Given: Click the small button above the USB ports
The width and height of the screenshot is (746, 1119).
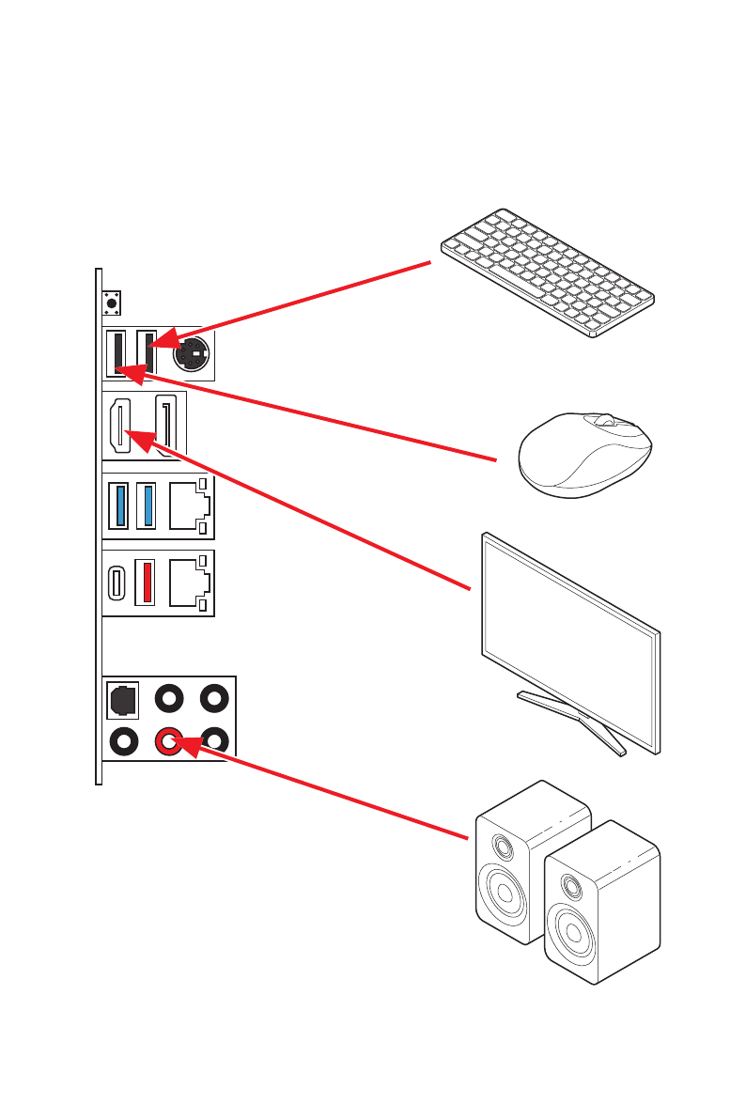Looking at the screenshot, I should [x=113, y=303].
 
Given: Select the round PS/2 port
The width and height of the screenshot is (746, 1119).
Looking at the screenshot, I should [x=191, y=355].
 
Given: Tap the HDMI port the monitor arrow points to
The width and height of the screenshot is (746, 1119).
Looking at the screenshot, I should [x=120, y=425].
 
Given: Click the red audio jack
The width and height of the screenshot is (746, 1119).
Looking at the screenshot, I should [x=169, y=741].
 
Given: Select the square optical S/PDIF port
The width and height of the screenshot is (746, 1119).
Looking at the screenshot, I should [x=123, y=698].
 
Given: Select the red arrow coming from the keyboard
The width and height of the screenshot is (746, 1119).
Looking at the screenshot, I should [x=291, y=304].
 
